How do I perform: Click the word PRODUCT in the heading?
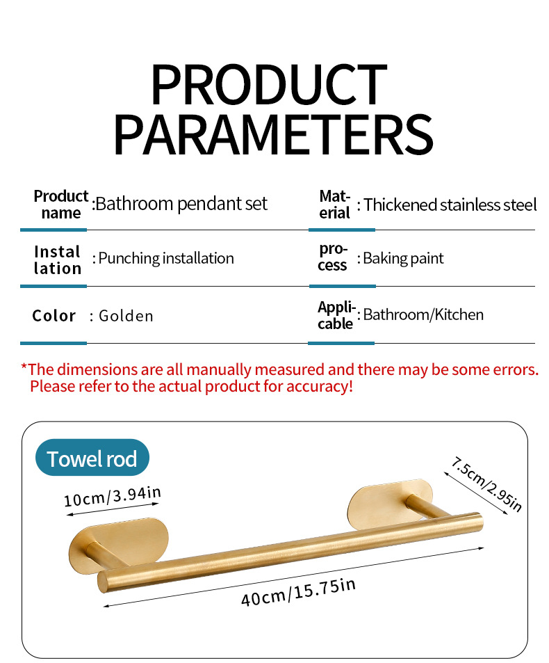click(x=269, y=85)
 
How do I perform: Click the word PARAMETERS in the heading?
click(x=273, y=135)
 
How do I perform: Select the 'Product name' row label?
click(x=61, y=205)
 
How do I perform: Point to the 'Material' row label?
click(x=335, y=205)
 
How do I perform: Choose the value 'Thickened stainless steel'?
click(x=450, y=205)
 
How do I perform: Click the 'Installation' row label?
click(x=58, y=260)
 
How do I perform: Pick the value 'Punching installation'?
click(x=166, y=258)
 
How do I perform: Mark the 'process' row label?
click(x=333, y=257)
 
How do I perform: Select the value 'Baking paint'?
click(x=403, y=258)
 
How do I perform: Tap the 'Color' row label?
click(x=54, y=316)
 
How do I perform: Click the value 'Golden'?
click(x=126, y=316)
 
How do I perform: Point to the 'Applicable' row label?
click(x=336, y=315)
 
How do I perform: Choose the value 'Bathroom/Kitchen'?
click(x=423, y=314)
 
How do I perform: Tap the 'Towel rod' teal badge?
click(x=92, y=458)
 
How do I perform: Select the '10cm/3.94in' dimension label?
click(x=113, y=497)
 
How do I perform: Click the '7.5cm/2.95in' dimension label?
click(x=486, y=485)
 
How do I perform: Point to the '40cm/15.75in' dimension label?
click(x=299, y=592)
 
